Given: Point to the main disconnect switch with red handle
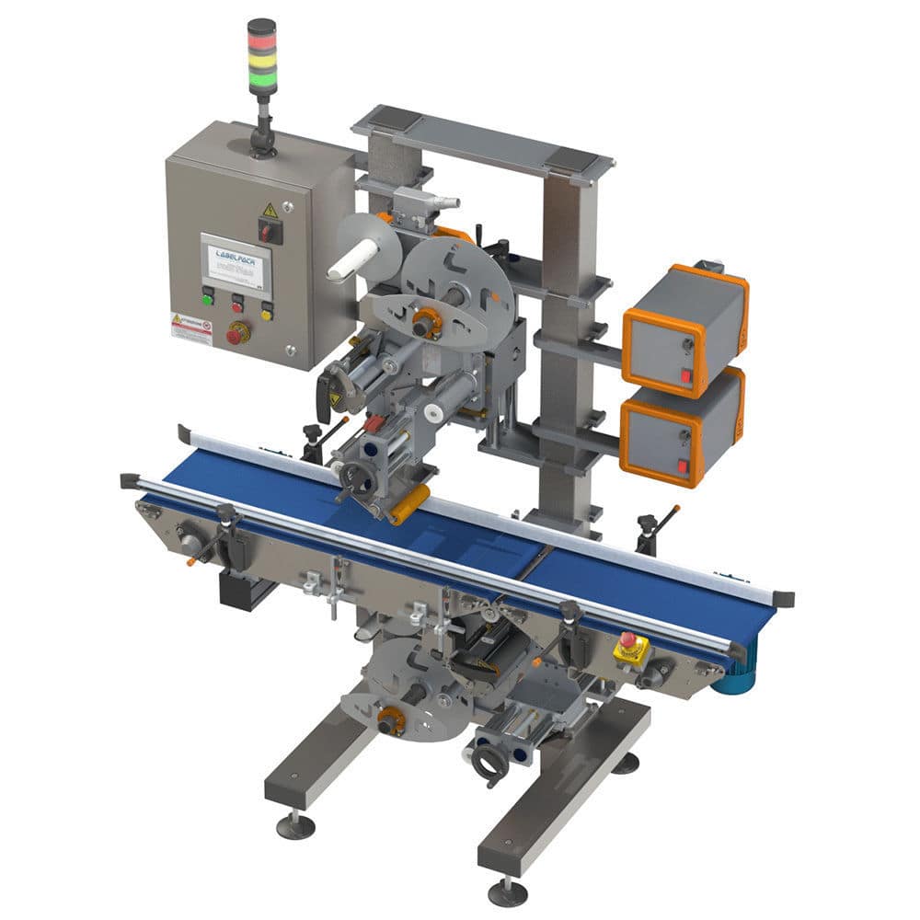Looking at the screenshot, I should click(x=269, y=232).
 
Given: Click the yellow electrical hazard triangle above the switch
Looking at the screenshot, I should click(x=270, y=211).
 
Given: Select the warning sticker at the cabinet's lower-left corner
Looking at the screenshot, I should click(x=191, y=329).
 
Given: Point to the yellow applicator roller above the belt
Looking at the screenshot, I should click(x=410, y=505).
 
